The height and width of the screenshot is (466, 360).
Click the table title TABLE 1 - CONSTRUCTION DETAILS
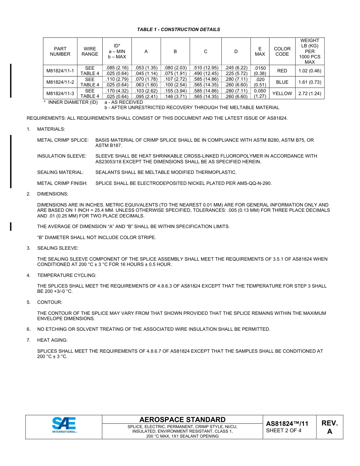[x=178, y=30]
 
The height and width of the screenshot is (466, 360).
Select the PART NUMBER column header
[x=60, y=52]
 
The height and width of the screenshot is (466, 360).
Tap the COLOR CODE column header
[x=282, y=52]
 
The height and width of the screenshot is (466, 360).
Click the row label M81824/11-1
[x=60, y=71]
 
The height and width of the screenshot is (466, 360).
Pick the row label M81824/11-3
[x=60, y=94]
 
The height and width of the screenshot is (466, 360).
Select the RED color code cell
[x=282, y=71]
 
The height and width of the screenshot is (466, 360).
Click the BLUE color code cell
[x=282, y=82]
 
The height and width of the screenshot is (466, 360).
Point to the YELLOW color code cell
[x=282, y=94]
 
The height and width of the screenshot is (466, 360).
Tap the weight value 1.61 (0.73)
[x=310, y=82]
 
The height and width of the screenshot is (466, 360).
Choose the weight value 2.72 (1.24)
[x=310, y=94]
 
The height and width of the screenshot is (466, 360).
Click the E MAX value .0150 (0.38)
[x=260, y=71]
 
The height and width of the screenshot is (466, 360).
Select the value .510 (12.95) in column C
[x=205, y=68]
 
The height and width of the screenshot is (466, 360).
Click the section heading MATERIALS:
[x=51, y=130]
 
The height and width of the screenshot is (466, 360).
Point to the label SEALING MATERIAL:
[x=60, y=172]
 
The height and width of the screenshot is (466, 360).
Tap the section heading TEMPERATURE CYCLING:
[x=67, y=275]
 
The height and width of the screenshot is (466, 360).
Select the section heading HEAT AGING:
[x=52, y=340]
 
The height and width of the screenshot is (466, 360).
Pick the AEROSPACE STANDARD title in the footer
[x=182, y=420]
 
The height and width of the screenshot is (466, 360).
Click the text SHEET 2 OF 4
[x=284, y=430]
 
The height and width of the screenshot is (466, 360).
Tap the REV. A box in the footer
[x=329, y=427]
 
